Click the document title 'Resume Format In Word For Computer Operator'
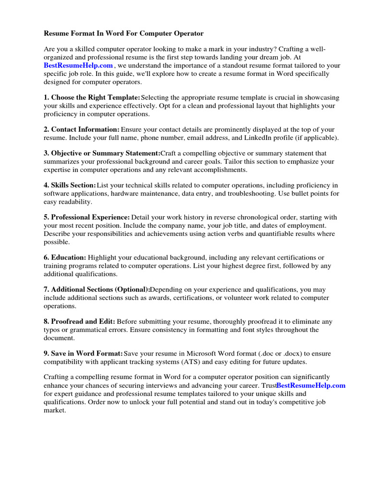(123, 34)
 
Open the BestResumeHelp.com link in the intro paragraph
(78, 65)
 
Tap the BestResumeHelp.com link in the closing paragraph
(311, 386)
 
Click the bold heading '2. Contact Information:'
(82, 130)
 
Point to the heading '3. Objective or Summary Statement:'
(102, 153)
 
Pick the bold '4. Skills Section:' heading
(70, 185)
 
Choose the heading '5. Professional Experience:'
(87, 218)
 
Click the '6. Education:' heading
(65, 258)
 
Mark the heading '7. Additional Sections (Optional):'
(97, 290)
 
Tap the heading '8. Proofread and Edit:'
(79, 321)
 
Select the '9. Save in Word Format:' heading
(84, 354)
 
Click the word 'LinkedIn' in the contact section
(262, 137)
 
